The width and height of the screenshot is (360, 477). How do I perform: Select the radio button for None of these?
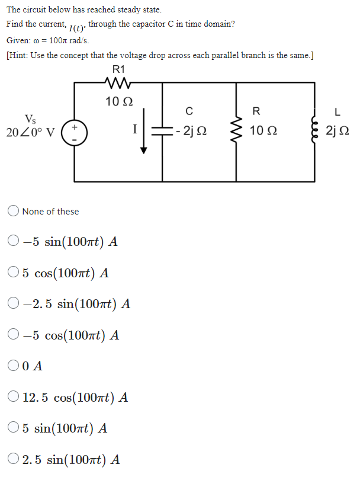click(x=14, y=212)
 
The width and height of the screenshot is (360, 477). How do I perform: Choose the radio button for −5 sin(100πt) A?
click(x=14, y=242)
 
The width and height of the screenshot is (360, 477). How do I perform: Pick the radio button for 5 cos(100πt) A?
click(x=14, y=273)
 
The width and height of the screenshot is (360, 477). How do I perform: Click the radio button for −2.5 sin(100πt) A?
click(x=14, y=305)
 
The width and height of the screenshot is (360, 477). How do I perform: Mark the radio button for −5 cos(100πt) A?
click(x=14, y=335)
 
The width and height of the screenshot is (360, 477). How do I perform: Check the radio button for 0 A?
click(x=14, y=366)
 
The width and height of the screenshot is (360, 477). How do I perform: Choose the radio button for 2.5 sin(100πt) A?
click(x=14, y=459)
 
